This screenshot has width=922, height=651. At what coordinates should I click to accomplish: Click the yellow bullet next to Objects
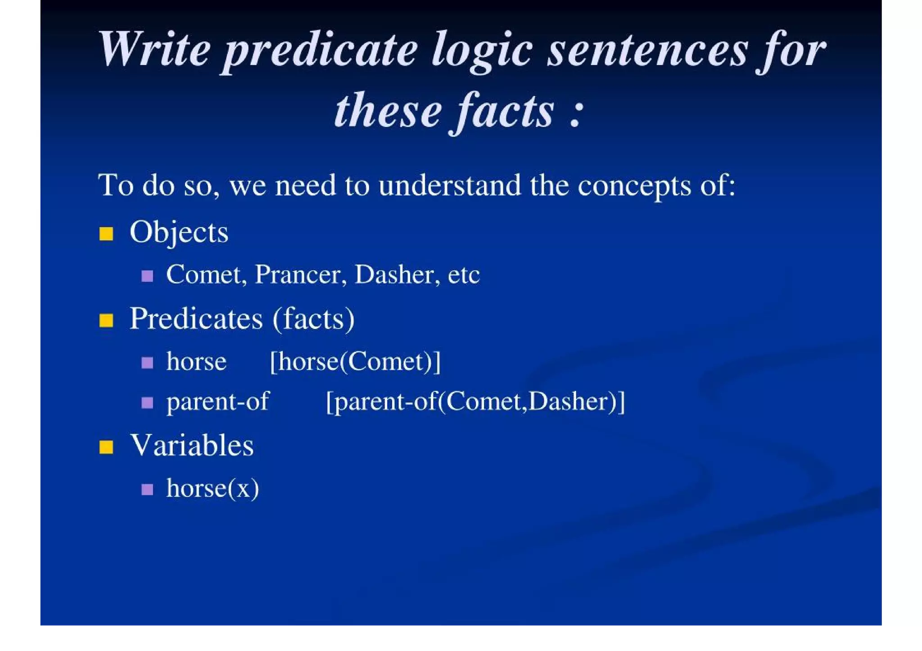point(106,233)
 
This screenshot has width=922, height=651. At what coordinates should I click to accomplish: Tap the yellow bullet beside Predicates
point(106,320)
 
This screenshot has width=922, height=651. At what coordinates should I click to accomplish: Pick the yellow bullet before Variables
point(106,447)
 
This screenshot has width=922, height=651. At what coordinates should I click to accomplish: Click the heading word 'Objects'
point(179,233)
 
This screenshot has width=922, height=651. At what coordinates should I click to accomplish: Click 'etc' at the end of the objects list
point(464,274)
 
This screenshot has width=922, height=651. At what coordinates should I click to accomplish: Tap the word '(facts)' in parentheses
point(313,319)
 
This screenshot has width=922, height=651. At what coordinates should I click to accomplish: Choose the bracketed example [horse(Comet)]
point(355,361)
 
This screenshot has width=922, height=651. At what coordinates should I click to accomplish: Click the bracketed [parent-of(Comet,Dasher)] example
point(475,401)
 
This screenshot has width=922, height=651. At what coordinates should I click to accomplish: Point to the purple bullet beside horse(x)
point(147,489)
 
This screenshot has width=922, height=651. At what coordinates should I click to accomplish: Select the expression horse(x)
point(212,488)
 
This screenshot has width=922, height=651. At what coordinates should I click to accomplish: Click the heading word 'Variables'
point(192,445)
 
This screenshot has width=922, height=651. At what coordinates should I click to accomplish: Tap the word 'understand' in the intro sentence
point(449,185)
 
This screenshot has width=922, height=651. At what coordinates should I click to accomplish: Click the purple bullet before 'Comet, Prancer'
point(147,275)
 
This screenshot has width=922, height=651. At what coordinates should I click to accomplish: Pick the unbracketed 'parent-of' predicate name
point(217,401)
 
